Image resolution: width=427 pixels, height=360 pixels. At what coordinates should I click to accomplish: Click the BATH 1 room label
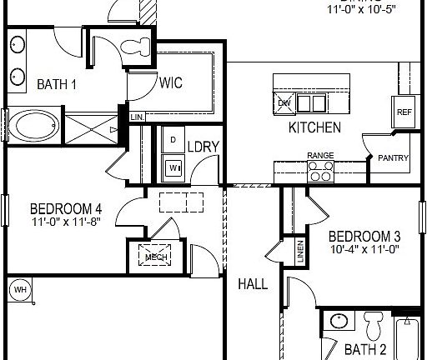coord(56,83)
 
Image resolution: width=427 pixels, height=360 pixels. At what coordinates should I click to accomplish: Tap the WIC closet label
coord(171,82)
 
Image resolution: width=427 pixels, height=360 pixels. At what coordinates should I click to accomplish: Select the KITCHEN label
coord(314,127)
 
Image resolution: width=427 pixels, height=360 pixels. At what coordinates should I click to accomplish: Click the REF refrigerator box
coord(404,112)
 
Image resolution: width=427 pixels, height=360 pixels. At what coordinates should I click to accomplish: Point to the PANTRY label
coord(393,157)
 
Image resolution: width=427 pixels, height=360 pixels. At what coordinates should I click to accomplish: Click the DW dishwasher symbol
coord(285,103)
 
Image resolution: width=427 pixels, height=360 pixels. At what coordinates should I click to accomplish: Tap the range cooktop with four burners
coord(320,171)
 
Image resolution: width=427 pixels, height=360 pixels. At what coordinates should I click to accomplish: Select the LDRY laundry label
coord(203,147)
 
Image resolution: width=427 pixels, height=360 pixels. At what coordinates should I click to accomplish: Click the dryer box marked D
coord(173,139)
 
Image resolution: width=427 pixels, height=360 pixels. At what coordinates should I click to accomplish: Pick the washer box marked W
coord(173,167)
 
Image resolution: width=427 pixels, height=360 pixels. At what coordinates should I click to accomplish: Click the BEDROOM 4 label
coord(66,208)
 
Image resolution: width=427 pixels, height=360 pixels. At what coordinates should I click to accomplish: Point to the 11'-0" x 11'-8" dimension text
coord(66,222)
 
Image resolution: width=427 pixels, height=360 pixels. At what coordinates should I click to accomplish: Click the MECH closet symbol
coord(156,256)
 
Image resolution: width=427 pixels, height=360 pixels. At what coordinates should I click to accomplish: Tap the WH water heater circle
coord(18,289)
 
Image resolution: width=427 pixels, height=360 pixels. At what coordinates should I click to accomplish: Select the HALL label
coord(253,284)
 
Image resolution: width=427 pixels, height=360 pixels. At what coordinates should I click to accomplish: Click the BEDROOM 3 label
coord(364,234)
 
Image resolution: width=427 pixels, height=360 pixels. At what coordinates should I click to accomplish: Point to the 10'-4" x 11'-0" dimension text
coord(364,248)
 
